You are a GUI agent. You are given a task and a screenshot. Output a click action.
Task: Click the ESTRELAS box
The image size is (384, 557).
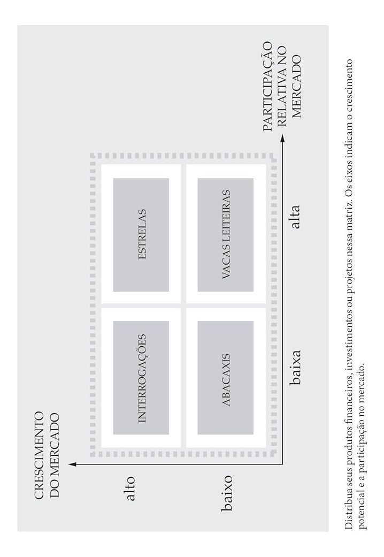tap(141, 235)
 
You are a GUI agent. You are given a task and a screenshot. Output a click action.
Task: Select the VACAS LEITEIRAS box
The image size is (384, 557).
tap(226, 235)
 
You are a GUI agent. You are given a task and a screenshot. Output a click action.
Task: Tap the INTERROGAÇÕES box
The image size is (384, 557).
tap(141, 378)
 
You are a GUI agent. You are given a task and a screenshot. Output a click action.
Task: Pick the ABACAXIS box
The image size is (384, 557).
tap(226, 378)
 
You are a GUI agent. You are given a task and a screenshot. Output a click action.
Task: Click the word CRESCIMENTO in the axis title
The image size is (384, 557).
tap(39, 456)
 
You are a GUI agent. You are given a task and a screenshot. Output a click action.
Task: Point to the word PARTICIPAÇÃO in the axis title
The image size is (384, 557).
tap(268, 87)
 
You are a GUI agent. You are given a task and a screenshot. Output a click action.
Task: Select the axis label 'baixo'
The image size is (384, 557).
tap(226, 493)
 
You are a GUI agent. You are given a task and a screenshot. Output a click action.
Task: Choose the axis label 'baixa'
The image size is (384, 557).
tap(295, 367)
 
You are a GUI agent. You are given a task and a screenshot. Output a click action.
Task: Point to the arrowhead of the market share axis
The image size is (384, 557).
tap(283, 137)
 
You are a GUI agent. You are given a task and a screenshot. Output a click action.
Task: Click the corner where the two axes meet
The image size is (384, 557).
tap(283, 464)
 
